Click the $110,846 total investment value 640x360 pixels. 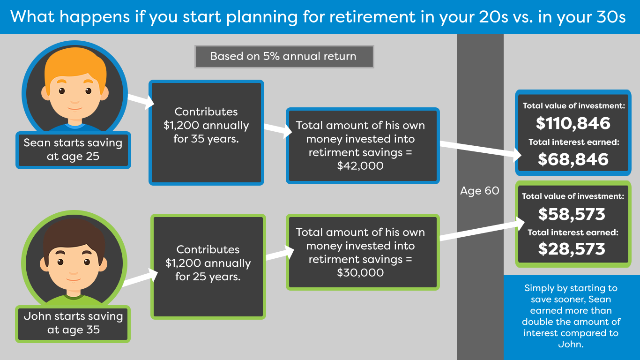(573, 124)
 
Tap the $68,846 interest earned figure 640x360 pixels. (573, 159)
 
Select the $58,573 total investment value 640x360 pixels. (572, 214)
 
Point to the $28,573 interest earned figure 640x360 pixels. (572, 249)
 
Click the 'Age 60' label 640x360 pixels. (480, 191)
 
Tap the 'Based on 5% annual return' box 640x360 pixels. (284, 57)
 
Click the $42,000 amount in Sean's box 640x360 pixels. (360, 166)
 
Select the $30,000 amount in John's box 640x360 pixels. (360, 272)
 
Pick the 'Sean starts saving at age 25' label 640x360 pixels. (73, 150)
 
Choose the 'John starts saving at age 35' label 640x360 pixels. (73, 323)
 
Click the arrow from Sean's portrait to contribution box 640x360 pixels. (141, 100)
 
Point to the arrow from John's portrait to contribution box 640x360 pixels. (140, 277)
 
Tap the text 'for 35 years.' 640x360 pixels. (206, 139)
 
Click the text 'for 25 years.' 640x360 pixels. (208, 277)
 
